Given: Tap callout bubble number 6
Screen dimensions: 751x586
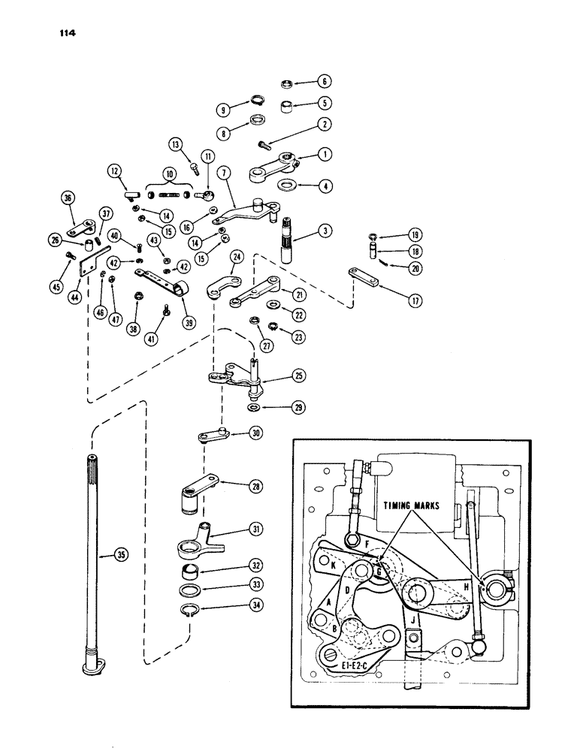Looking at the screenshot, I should click(325, 81).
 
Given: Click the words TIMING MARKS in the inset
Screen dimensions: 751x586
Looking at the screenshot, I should click(415, 506).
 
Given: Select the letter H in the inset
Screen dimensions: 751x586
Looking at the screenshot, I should click(468, 587).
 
